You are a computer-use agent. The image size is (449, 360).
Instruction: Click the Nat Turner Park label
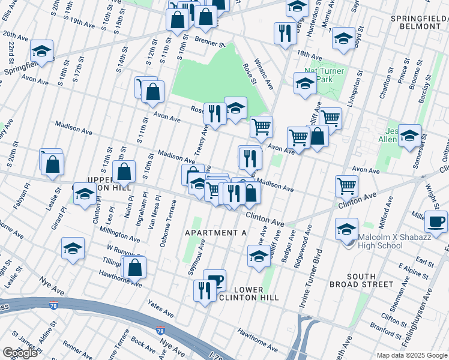coord(324,75)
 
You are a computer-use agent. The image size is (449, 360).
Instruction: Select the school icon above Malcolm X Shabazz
coord(347,229)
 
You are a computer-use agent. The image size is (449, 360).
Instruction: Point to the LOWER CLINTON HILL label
coord(241,293)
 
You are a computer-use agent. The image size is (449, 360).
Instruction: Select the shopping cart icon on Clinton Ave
coord(347,186)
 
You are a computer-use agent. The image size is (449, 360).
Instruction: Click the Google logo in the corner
coord(20,353)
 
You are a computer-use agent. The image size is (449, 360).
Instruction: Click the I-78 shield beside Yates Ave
coord(160,331)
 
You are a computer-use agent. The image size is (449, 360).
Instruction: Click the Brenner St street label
coord(209,42)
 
